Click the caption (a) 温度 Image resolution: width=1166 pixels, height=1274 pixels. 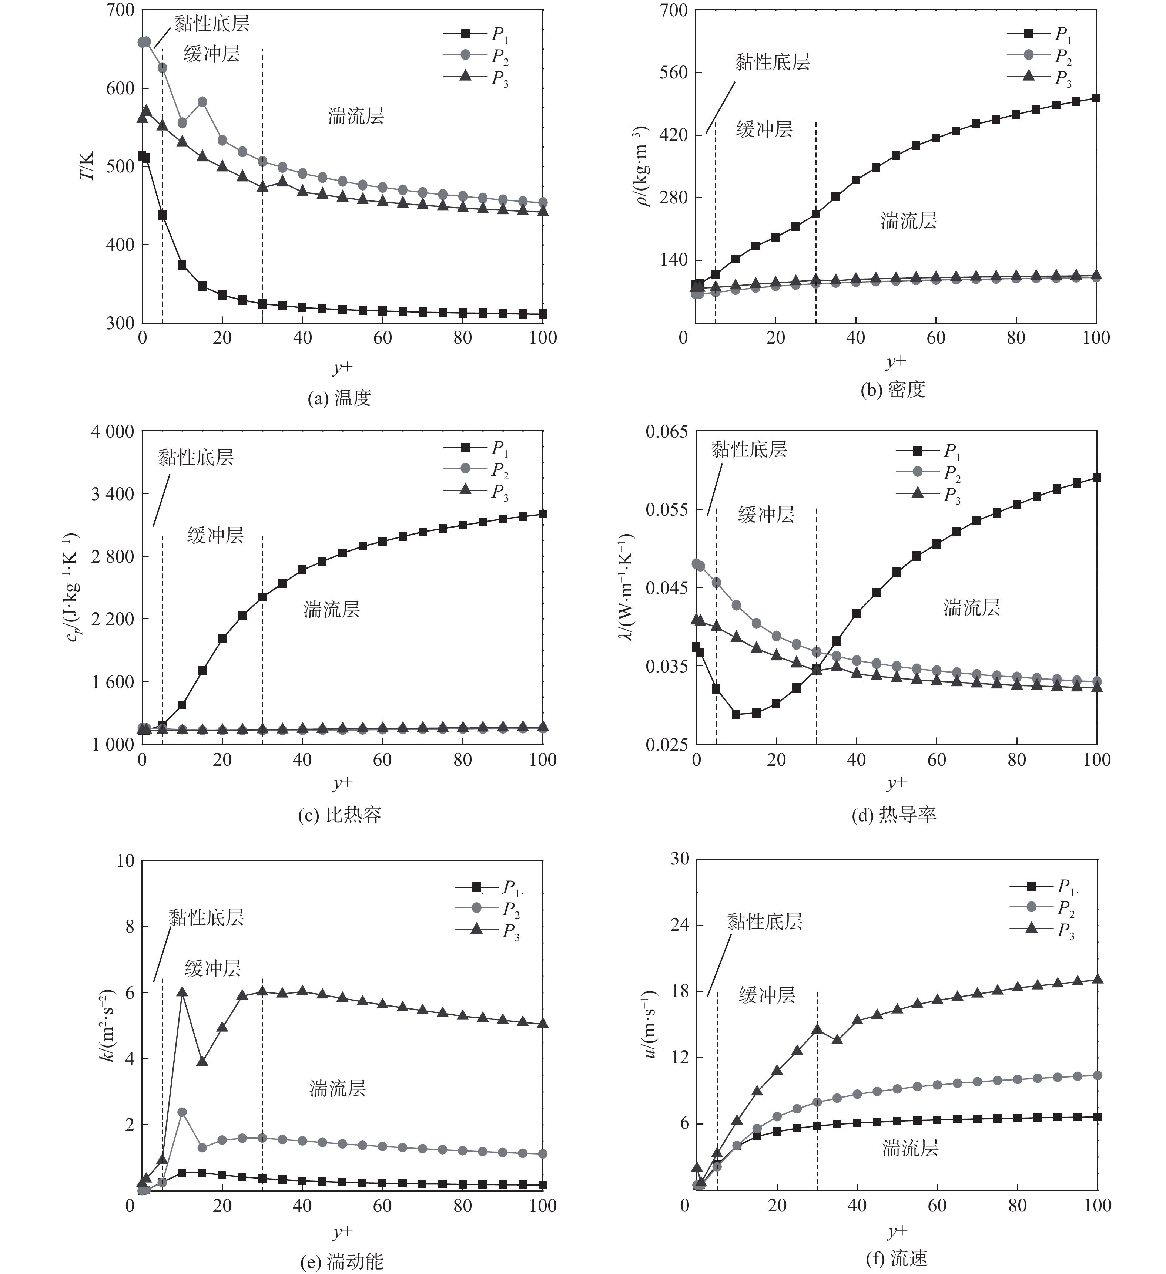tap(339, 398)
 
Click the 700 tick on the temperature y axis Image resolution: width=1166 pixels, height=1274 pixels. tap(120, 11)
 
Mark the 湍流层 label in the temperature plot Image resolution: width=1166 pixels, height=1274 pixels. tap(355, 116)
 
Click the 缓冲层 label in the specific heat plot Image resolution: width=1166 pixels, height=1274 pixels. tap(215, 536)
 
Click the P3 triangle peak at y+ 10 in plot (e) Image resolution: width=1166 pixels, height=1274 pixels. tap(182, 992)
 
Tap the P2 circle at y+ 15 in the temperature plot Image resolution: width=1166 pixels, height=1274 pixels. tap(202, 102)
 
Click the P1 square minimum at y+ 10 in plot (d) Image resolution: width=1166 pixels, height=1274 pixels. tap(736, 714)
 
